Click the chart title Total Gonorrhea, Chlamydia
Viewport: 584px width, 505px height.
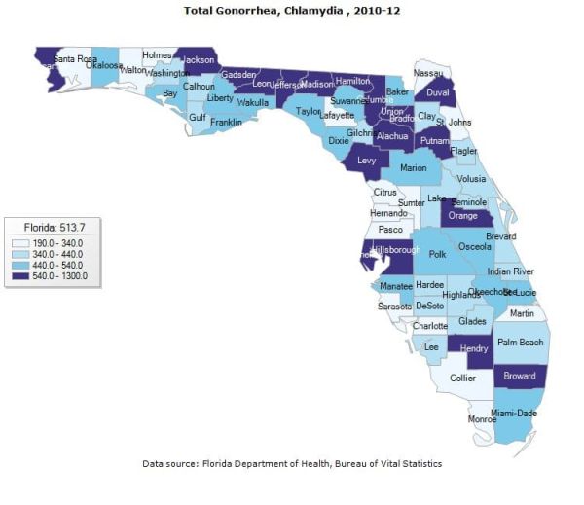click(291, 10)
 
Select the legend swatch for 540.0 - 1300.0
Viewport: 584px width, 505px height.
click(19, 275)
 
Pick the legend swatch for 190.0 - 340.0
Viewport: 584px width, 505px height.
click(19, 242)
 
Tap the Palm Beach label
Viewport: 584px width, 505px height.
click(521, 343)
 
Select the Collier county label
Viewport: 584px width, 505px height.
click(462, 379)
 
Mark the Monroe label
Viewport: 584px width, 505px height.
click(482, 419)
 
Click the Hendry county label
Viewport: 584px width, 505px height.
click(474, 348)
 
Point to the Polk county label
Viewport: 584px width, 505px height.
click(437, 254)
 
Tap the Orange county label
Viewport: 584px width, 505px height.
click(463, 216)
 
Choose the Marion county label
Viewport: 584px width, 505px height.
click(414, 168)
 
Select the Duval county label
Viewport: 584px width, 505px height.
click(439, 94)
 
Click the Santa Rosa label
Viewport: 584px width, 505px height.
click(76, 59)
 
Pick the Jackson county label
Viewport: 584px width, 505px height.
click(199, 59)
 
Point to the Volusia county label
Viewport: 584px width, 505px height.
click(471, 179)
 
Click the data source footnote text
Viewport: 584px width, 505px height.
click(292, 463)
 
